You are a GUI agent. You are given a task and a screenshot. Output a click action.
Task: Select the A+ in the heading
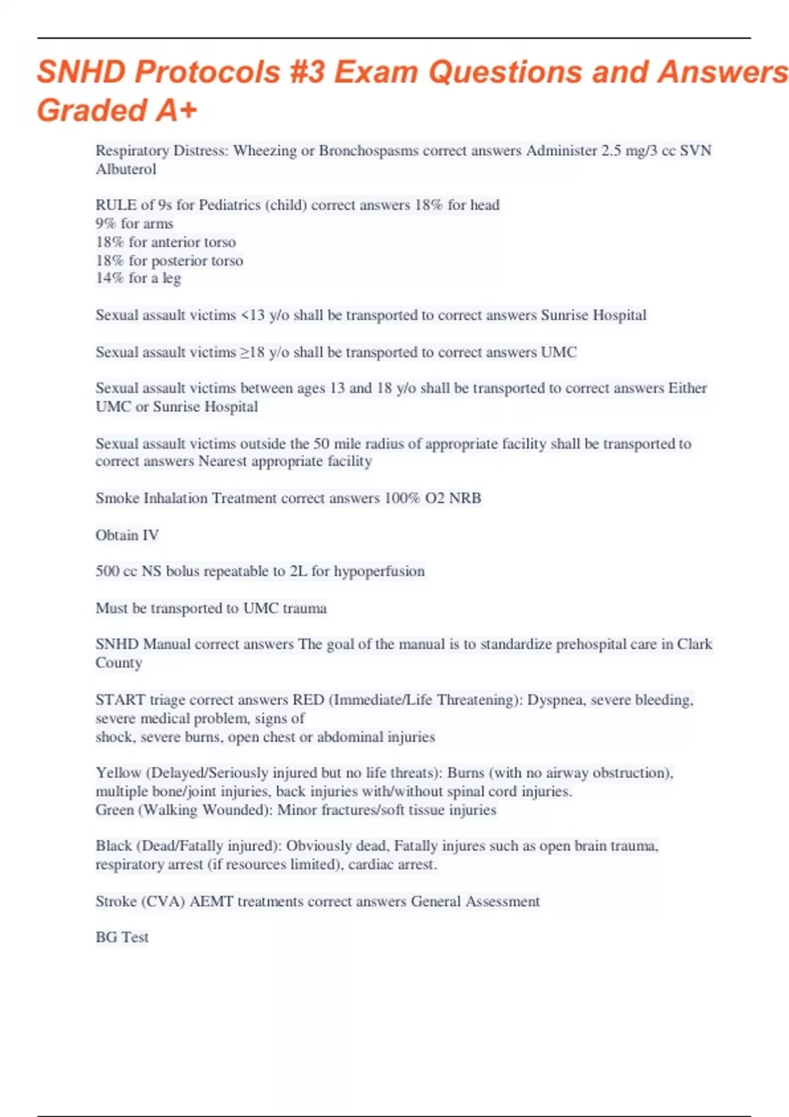[176, 110]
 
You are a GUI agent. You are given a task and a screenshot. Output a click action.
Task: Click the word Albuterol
[126, 170]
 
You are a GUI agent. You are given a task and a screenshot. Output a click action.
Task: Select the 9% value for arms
[105, 223]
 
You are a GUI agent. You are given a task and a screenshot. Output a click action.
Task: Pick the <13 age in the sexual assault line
[253, 315]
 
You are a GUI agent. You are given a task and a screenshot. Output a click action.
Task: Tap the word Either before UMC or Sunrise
[687, 388]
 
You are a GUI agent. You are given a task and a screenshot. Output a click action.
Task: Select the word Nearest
[223, 461]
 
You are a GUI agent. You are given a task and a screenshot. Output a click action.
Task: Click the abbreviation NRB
[465, 498]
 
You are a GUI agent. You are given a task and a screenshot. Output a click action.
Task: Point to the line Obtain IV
[127, 535]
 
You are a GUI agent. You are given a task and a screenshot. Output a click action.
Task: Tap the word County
[118, 662]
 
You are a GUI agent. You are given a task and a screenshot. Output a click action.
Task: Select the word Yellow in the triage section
[118, 773]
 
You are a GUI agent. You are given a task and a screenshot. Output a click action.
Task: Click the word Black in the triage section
[114, 846]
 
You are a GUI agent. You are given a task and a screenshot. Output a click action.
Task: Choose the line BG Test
[122, 937]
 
